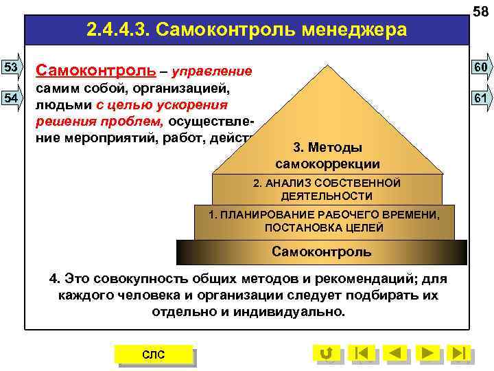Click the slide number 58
pyautogui.click(x=480, y=9)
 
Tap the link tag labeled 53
pyautogui.click(x=12, y=67)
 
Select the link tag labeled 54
pyautogui.click(x=12, y=98)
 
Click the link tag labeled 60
pyautogui.click(x=480, y=67)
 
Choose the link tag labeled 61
pyautogui.click(x=480, y=98)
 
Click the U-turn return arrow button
pyautogui.click(x=327, y=353)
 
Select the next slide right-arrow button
pyautogui.click(x=428, y=353)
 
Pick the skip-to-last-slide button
pyautogui.click(x=461, y=353)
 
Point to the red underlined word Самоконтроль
pyautogui.click(x=94, y=71)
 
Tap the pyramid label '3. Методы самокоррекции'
pyautogui.click(x=327, y=157)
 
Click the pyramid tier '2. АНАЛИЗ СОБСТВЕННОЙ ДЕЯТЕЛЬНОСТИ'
pyautogui.click(x=327, y=189)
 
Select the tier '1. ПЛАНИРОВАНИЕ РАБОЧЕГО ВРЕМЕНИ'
pyautogui.click(x=324, y=221)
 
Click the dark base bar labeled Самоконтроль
pyautogui.click(x=321, y=251)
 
